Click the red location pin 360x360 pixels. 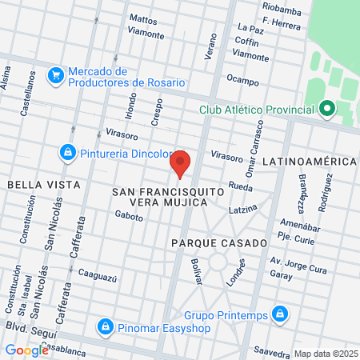tap(181, 162)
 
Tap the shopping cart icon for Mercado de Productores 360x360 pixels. tap(56, 76)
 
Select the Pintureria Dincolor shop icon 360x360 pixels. tap(68, 151)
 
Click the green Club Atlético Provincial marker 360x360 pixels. tap(326, 110)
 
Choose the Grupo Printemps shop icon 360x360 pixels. tap(279, 313)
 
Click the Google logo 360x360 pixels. tap(26, 350)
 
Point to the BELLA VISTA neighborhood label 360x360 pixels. tap(43, 185)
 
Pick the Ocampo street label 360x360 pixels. tap(242, 80)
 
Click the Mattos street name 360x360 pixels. tap(143, 18)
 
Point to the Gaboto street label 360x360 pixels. tap(128, 214)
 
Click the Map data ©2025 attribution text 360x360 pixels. tap(323, 353)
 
